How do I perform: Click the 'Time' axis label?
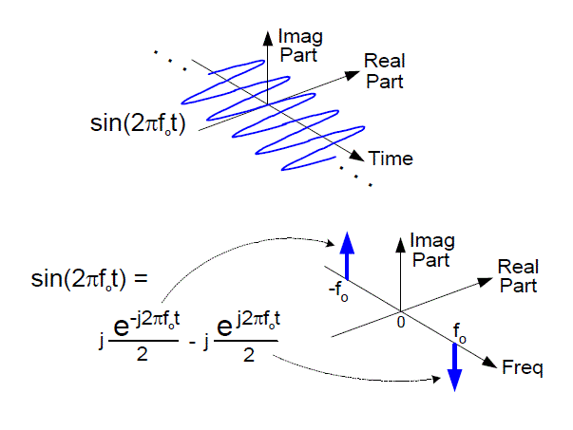coord(391,159)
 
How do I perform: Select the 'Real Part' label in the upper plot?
coord(384,71)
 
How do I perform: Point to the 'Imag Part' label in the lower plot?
coord(429,251)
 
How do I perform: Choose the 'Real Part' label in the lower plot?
coord(518,276)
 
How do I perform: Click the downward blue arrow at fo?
coord(454,365)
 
